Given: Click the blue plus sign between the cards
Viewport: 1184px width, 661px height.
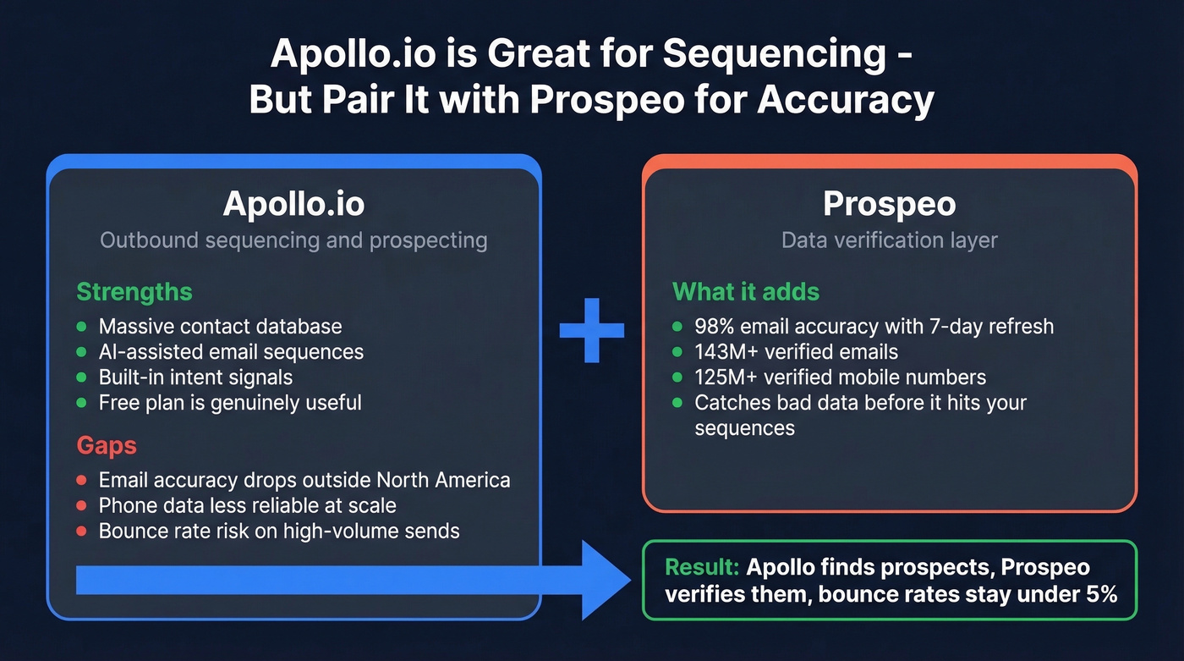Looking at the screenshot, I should [x=592, y=330].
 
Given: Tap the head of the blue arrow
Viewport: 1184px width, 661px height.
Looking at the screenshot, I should [x=604, y=580].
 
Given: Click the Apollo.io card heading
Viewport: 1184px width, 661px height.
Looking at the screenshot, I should [x=293, y=204].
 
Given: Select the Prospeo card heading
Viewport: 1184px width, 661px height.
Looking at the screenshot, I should [x=889, y=204].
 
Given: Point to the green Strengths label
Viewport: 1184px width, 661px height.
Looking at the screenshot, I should [x=134, y=292].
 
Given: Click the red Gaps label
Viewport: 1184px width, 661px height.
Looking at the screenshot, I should [x=107, y=446].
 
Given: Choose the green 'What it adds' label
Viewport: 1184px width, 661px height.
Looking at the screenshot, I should [x=745, y=292].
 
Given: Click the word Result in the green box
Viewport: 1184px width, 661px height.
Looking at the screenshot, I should [x=702, y=567].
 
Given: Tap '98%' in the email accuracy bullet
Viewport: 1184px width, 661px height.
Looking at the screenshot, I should [x=714, y=326].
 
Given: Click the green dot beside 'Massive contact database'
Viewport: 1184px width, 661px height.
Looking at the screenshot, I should [x=82, y=326].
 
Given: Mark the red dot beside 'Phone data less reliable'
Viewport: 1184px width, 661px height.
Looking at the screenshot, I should [x=82, y=506].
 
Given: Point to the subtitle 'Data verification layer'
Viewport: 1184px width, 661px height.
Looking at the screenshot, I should [x=889, y=240].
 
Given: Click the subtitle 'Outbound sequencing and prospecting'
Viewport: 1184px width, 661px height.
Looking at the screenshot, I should [x=293, y=240].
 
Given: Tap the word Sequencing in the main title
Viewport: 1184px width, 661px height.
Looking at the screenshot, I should [x=774, y=55].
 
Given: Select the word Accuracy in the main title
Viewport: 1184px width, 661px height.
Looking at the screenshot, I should [x=845, y=99].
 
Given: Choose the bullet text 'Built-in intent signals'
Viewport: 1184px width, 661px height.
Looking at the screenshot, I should [x=195, y=377].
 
